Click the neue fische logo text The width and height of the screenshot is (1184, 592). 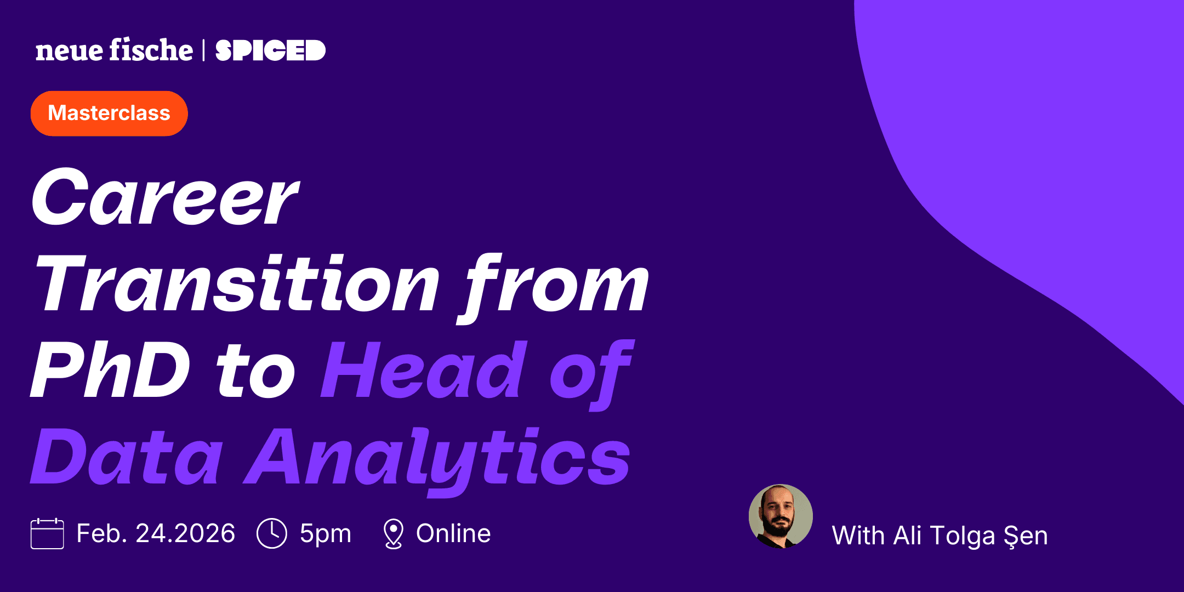tap(114, 50)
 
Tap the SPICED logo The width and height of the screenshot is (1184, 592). tap(270, 50)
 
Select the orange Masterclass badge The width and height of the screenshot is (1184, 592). tap(109, 113)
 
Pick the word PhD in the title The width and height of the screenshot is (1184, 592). tap(110, 370)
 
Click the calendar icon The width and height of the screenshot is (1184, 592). tap(47, 533)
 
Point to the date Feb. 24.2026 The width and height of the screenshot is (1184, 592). tap(156, 533)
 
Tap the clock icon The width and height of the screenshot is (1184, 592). tap(272, 533)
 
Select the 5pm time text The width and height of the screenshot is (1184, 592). tap(325, 534)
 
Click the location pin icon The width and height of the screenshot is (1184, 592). tap(393, 533)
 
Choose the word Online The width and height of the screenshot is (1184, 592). tap(453, 533)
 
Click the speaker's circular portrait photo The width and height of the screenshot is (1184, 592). tap(781, 516)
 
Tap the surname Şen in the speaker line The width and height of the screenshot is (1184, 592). tap(1026, 536)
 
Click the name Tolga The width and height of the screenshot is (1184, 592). tap(963, 536)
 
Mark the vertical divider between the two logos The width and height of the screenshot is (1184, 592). tap(204, 50)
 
